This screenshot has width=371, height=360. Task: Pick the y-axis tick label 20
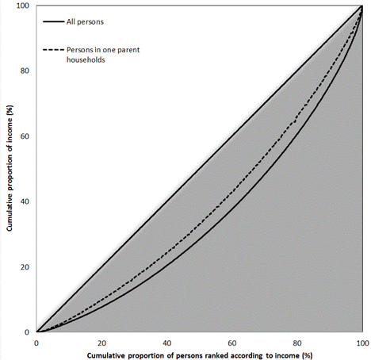pos(25,266)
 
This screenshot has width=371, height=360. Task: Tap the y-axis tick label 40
pos(25,201)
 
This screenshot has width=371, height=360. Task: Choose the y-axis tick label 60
pos(25,136)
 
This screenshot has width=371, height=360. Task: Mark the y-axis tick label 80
pos(25,71)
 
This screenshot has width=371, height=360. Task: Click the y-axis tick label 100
pos(24,6)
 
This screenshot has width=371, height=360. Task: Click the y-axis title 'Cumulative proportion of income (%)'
pos(10,168)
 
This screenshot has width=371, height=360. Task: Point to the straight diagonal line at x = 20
pos(101,266)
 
